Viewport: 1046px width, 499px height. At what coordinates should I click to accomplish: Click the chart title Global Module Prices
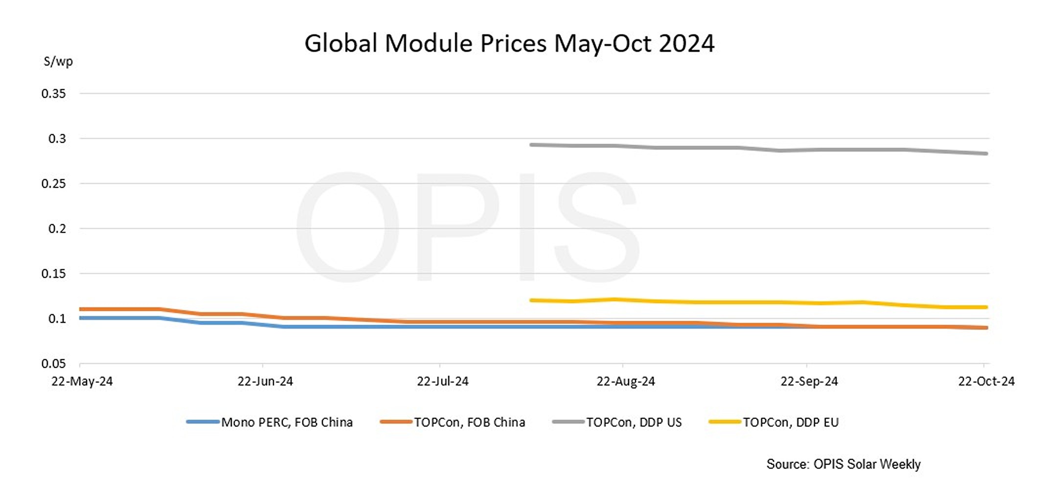[509, 43]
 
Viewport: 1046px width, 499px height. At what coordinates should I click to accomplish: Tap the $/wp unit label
[58, 62]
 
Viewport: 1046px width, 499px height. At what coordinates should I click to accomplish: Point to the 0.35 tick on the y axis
[53, 93]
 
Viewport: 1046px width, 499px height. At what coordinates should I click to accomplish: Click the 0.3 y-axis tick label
[57, 138]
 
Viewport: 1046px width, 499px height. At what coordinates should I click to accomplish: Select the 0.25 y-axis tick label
[53, 183]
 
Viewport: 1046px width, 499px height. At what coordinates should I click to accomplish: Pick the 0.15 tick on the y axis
[53, 273]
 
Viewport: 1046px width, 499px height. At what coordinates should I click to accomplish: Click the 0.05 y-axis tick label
[53, 363]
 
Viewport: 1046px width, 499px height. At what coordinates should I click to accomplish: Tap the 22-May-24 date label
[82, 381]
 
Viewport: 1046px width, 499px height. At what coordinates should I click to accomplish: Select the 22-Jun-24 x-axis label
[265, 381]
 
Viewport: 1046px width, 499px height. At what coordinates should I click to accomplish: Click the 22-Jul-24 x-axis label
[442, 381]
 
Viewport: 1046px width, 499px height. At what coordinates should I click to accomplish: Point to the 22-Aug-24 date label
[625, 381]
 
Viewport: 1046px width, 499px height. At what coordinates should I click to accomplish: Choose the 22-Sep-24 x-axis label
[809, 381]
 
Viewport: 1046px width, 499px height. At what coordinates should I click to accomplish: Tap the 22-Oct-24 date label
[986, 381]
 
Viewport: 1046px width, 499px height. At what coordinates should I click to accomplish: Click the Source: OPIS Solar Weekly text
[843, 464]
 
